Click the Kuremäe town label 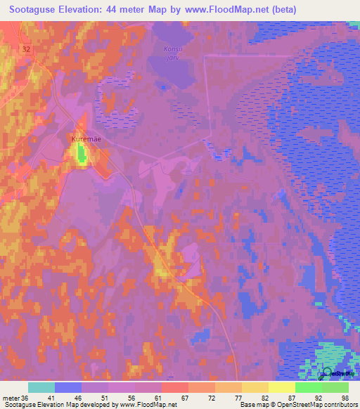click(86, 139)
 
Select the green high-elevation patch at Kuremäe click(83, 153)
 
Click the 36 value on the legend click(25, 398)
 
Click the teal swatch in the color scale click(41, 387)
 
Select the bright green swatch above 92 click(308, 387)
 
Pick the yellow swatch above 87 click(281, 387)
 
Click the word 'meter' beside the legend click(11, 398)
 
